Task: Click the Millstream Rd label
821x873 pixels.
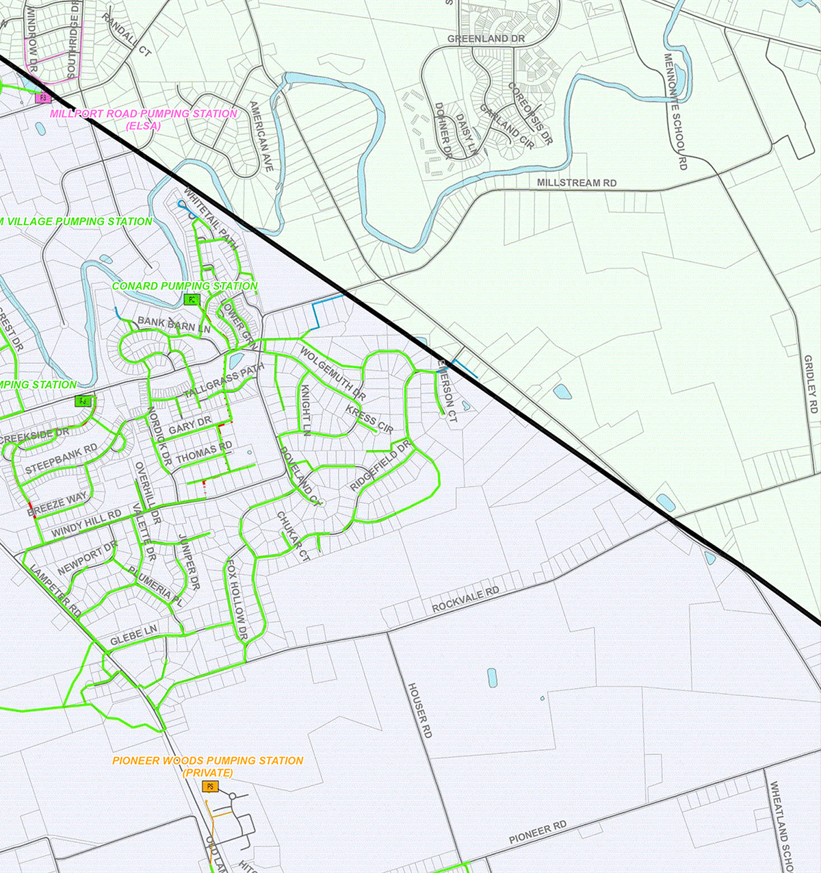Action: point(577,183)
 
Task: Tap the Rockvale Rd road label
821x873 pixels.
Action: point(465,600)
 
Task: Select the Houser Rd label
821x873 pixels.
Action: point(420,709)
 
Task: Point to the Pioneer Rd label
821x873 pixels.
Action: point(538,833)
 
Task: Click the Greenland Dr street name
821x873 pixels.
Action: point(486,39)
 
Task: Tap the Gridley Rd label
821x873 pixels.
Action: point(811,383)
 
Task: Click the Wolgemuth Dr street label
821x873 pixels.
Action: point(333,373)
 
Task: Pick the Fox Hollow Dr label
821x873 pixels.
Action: point(237,599)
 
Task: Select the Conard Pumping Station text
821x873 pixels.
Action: point(185,286)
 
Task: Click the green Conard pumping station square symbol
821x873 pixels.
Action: point(192,299)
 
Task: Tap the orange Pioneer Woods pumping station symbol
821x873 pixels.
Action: point(210,787)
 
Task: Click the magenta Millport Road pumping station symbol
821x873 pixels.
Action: point(43,98)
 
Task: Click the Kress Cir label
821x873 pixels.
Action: point(369,419)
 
